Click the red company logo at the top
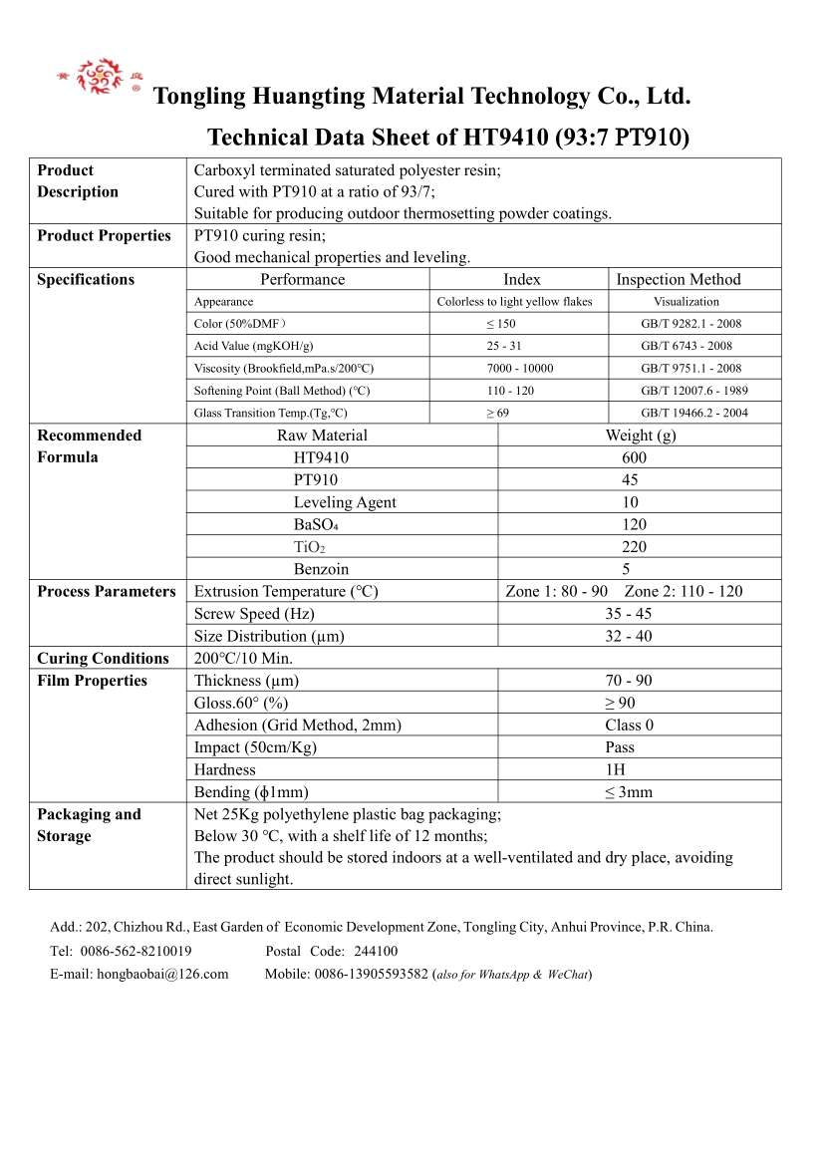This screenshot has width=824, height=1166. tap(99, 77)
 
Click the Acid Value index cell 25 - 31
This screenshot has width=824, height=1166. tap(503, 346)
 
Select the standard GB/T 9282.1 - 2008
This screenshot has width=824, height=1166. tap(690, 324)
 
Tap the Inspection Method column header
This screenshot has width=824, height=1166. tap(679, 280)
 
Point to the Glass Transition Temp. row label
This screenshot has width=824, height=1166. tap(270, 413)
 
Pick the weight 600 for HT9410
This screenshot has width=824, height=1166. tap(634, 457)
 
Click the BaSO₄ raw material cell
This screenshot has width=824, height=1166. tap(317, 524)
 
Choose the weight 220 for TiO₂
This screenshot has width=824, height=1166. tap(634, 546)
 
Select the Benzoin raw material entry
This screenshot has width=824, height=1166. tap(321, 569)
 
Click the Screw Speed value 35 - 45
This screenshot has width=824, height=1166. tap(628, 614)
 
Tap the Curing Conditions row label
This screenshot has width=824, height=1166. tap(103, 659)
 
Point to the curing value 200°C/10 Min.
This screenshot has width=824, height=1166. tap(243, 659)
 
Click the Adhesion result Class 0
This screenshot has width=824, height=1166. tap(629, 726)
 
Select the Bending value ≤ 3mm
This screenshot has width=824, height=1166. tap(629, 792)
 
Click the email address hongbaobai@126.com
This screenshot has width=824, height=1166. tap(162, 974)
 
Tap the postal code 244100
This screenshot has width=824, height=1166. tap(376, 951)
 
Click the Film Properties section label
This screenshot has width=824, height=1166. tap(92, 681)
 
